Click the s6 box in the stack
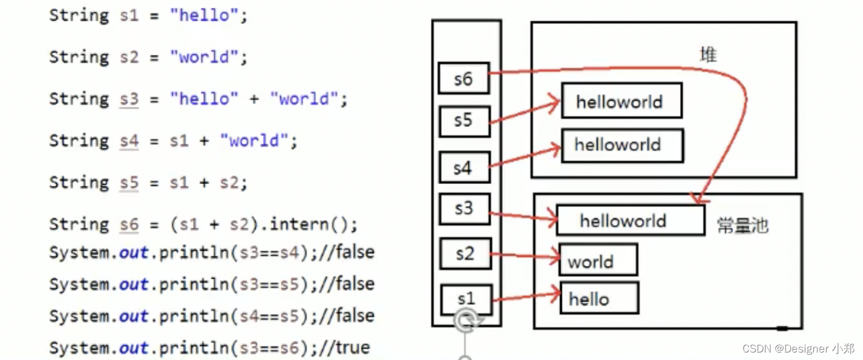(463, 79)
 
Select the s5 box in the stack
(463, 121)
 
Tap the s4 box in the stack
(463, 168)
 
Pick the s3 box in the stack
(464, 208)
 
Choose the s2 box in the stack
(465, 254)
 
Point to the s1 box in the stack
(466, 299)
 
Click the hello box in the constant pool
(599, 298)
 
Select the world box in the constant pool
(598, 260)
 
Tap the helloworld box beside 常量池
(630, 221)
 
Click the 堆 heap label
(708, 55)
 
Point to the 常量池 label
(742, 225)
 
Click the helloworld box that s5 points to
(621, 101)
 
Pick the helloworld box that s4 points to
(622, 145)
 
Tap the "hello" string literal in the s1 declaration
(204, 15)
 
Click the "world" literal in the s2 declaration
(204, 57)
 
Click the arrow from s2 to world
(525, 254)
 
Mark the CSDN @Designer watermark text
(798, 348)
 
